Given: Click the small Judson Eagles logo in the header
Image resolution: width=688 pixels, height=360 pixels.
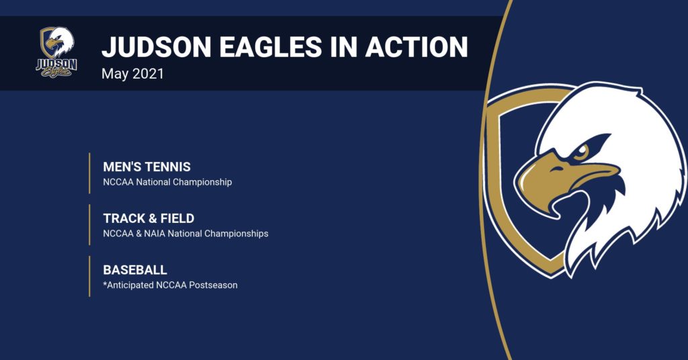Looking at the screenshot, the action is (56, 52).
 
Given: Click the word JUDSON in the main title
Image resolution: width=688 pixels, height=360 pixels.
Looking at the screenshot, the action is (157, 47).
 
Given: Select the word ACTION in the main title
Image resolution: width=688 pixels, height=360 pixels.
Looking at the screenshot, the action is (417, 47).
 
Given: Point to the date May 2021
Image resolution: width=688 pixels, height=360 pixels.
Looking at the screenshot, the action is (132, 74).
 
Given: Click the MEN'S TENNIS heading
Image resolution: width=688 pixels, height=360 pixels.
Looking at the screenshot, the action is (147, 167).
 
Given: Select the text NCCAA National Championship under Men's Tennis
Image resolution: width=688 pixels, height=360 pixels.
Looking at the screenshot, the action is (167, 182).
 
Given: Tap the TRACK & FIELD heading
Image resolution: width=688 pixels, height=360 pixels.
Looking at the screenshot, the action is (148, 218).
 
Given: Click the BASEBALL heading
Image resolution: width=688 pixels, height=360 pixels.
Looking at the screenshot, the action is (135, 270).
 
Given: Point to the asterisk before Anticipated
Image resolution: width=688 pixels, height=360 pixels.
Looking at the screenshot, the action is (105, 283).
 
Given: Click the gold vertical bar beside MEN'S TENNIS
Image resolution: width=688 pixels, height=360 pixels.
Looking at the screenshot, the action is (89, 173).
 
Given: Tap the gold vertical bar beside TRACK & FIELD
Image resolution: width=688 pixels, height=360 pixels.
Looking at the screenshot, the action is (89, 224).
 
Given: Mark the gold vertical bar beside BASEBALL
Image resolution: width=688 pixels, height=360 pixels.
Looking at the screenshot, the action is (89, 276).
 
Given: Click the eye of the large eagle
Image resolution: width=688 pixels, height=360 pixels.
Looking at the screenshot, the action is (581, 152).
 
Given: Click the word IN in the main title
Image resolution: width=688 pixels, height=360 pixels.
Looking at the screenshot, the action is (344, 47).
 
